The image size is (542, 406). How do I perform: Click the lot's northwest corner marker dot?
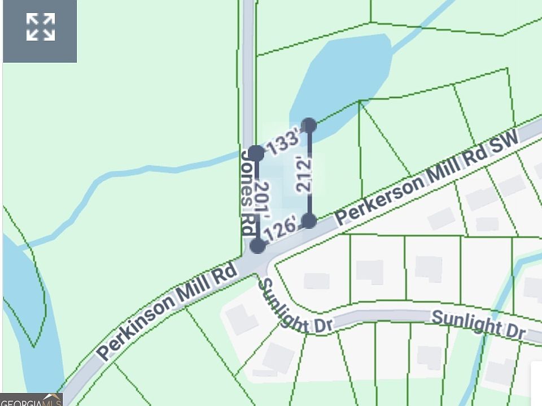(x=256, y=152)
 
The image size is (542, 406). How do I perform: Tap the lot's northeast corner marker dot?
(x=309, y=125)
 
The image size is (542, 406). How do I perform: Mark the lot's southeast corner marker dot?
(x=309, y=220)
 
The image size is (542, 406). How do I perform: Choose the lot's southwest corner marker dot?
(x=257, y=245)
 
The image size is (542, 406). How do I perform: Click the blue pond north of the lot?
(x=344, y=73)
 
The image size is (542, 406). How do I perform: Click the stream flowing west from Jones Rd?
(x=141, y=172)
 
